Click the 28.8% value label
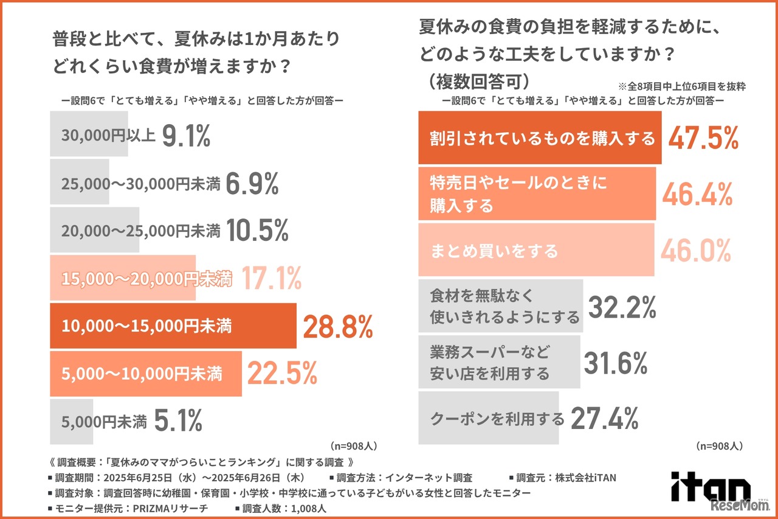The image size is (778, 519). pyautogui.click(x=337, y=327)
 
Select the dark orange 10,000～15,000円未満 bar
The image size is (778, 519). pyautogui.click(x=173, y=326)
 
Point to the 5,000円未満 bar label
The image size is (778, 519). pyautogui.click(x=104, y=422)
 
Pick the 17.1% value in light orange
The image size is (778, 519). pyautogui.click(x=271, y=279)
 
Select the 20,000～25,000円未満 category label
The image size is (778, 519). pyautogui.click(x=140, y=231)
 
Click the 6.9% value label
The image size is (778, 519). pyautogui.click(x=252, y=183)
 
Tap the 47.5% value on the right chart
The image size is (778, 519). pyautogui.click(x=703, y=138)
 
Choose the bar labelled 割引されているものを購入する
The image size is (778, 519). pyautogui.click(x=540, y=139)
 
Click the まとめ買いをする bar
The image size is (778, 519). pyautogui.click(x=536, y=250)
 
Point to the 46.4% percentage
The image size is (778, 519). pyautogui.click(x=697, y=193)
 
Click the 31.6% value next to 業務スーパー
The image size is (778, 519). pyautogui.click(x=616, y=363)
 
